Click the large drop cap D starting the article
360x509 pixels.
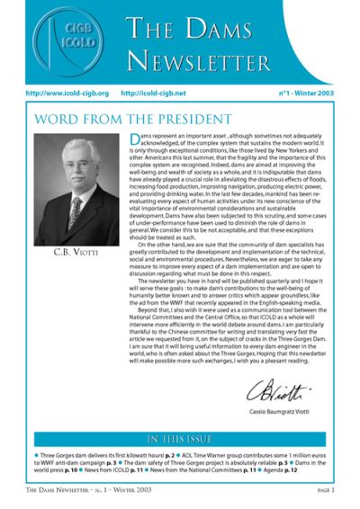pyautogui.click(x=135, y=140)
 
